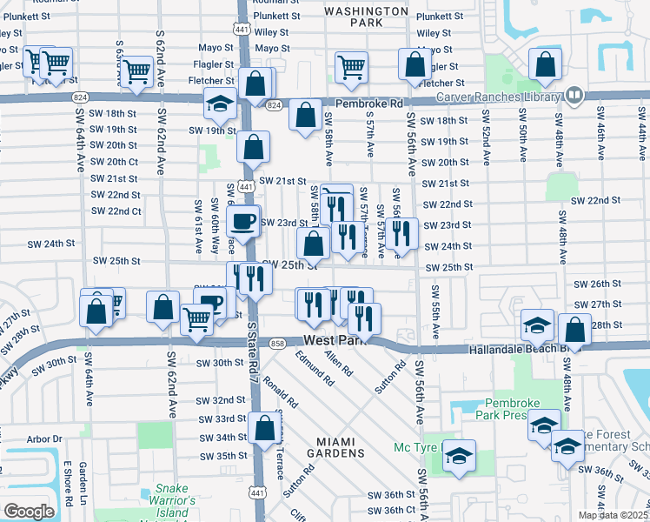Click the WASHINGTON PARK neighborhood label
[x=366, y=17]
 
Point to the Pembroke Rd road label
[x=369, y=103]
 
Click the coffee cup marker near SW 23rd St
[x=243, y=221]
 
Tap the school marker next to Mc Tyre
[x=459, y=456]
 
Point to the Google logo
[x=28, y=512]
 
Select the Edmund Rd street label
[x=314, y=369]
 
